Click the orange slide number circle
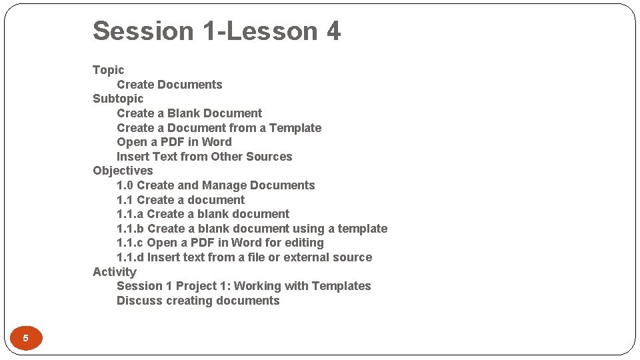click(25, 338)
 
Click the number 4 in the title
click(333, 31)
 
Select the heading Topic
click(108, 70)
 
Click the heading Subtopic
click(118, 99)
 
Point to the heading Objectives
click(123, 171)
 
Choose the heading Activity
click(114, 272)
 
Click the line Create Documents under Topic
click(169, 85)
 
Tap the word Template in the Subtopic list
click(295, 128)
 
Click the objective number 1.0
click(125, 185)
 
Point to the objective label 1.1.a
click(129, 214)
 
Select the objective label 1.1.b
click(130, 229)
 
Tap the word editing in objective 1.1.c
click(303, 243)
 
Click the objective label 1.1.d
click(130, 257)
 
